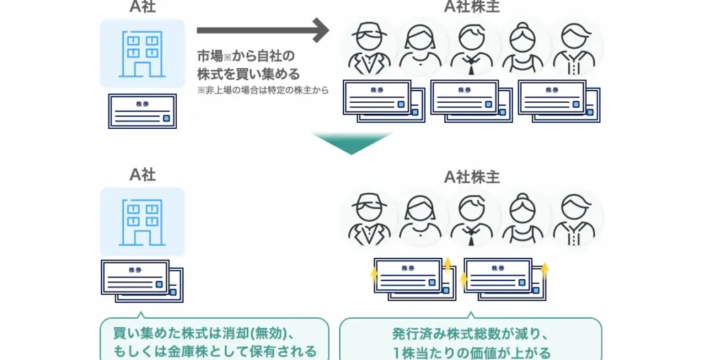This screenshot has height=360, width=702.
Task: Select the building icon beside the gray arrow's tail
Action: (142, 53)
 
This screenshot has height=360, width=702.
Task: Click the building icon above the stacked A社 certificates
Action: (142, 222)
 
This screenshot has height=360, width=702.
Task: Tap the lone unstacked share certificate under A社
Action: (142, 110)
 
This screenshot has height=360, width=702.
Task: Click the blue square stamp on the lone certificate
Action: (166, 118)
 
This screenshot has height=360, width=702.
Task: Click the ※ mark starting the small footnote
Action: (200, 90)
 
